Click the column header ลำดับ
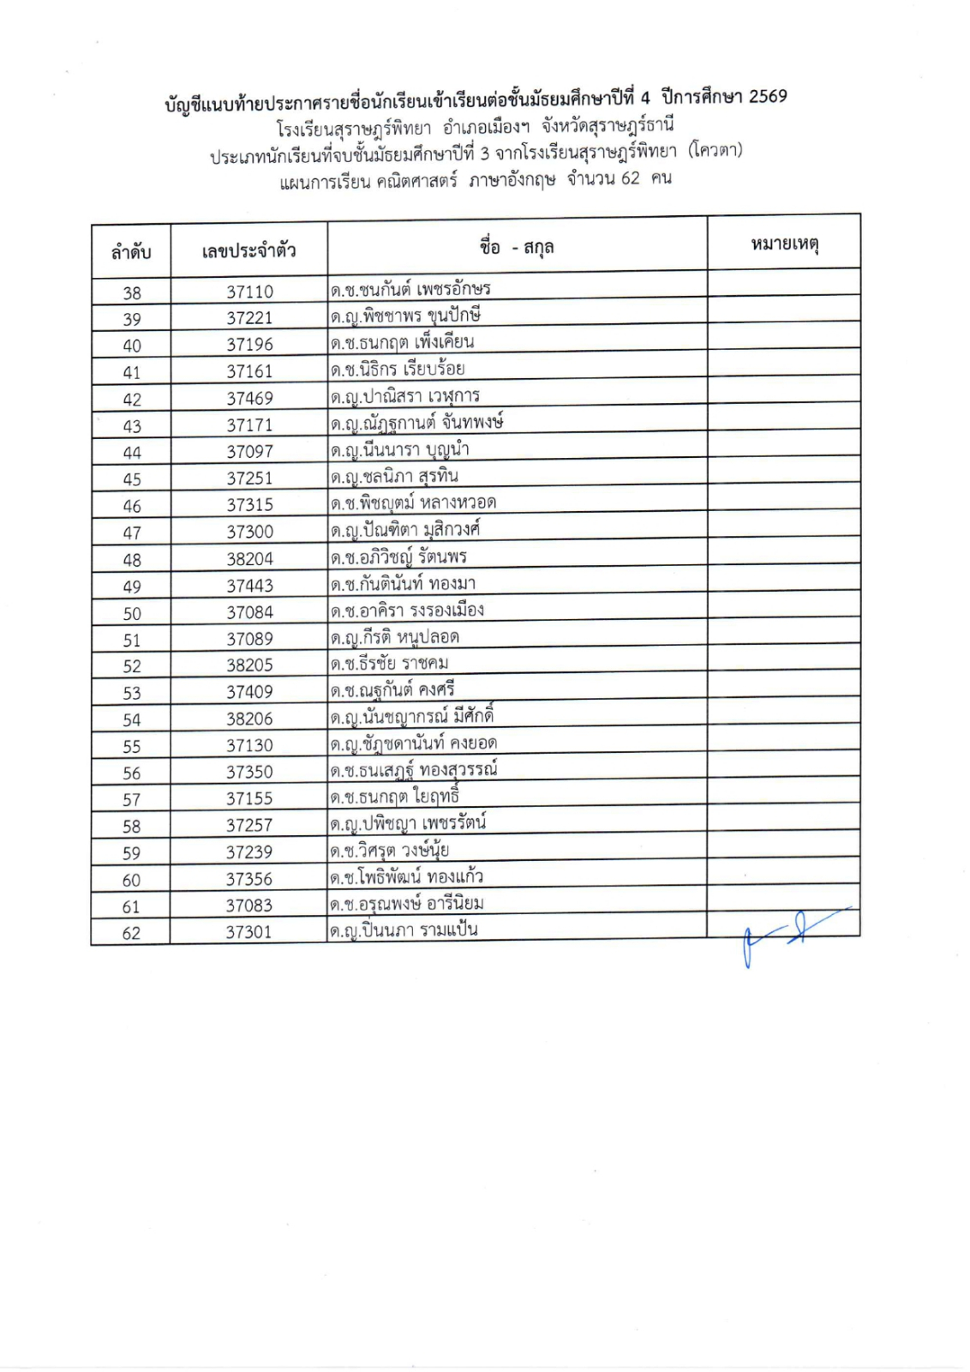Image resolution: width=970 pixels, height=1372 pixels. pyautogui.click(x=131, y=252)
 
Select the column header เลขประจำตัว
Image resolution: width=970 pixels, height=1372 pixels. pyautogui.click(x=248, y=250)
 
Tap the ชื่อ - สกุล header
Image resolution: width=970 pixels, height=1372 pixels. pyautogui.click(x=517, y=248)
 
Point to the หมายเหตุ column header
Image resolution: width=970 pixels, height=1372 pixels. pyautogui.click(x=784, y=244)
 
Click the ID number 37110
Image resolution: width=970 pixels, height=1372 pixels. pyautogui.click(x=249, y=292)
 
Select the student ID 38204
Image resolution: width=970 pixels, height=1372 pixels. pyautogui.click(x=249, y=559)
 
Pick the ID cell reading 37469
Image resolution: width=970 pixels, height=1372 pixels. pyautogui.click(x=249, y=398)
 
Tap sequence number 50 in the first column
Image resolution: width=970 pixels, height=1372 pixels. pyautogui.click(x=132, y=614)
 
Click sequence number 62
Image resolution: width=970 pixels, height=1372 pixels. pyautogui.click(x=131, y=933)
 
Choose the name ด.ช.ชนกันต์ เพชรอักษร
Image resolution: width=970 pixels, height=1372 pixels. pyautogui.click(x=410, y=289)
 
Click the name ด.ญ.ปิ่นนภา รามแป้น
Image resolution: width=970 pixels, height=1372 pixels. pyautogui.click(x=404, y=930)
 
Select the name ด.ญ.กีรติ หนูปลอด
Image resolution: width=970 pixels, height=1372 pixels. pyautogui.click(x=395, y=637)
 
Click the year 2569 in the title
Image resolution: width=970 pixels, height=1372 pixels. pyautogui.click(x=768, y=96)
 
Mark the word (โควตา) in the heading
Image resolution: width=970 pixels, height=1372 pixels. pyautogui.click(x=715, y=151)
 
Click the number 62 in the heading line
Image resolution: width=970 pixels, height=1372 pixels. pyautogui.click(x=630, y=178)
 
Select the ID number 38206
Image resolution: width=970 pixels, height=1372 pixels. pyautogui.click(x=249, y=719)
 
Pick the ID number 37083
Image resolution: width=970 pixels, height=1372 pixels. pyautogui.click(x=248, y=906)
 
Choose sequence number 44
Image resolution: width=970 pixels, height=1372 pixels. pyautogui.click(x=132, y=453)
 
